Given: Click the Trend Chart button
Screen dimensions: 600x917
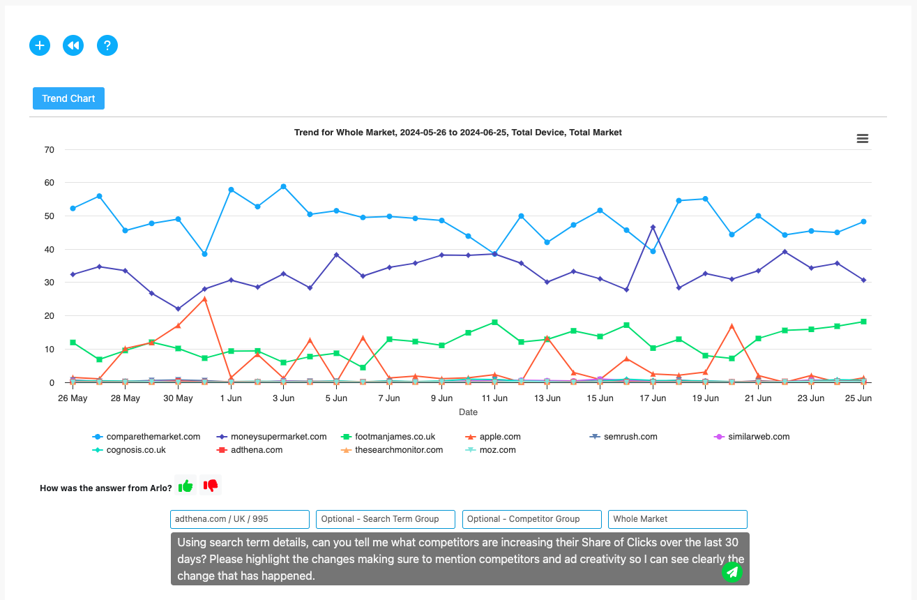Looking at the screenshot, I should point(68,98).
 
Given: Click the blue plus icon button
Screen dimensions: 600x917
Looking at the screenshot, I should point(40,45).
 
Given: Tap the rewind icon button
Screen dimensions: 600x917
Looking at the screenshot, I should point(73,45).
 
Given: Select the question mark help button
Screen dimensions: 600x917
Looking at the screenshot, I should point(107,45).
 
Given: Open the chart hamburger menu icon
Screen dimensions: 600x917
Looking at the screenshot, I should point(863,139).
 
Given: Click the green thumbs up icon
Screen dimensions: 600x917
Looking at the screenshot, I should point(185,486).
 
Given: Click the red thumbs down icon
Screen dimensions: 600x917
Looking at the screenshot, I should point(211,485).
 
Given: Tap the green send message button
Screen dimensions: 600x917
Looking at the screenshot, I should point(732,572).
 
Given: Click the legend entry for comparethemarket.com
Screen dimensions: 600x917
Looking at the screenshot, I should point(153,437).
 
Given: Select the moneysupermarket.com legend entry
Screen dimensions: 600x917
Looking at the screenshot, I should point(278,437).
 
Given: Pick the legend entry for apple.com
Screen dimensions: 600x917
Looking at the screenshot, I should point(500,437).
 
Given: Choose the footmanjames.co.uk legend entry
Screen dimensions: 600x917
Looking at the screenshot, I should point(395,437).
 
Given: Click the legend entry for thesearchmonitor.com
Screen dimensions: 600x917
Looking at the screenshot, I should point(399,450).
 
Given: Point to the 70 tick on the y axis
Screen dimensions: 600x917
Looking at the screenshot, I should point(49,149).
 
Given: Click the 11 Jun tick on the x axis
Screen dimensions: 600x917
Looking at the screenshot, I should point(494,398).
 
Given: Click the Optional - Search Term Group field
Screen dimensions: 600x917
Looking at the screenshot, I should point(385,519).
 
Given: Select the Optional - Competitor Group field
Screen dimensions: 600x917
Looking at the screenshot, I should point(531,519).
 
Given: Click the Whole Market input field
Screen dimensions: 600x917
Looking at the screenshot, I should point(677,519).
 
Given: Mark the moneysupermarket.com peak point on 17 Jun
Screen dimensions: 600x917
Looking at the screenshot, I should point(653,227).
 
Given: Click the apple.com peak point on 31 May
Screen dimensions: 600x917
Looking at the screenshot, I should point(204,299).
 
